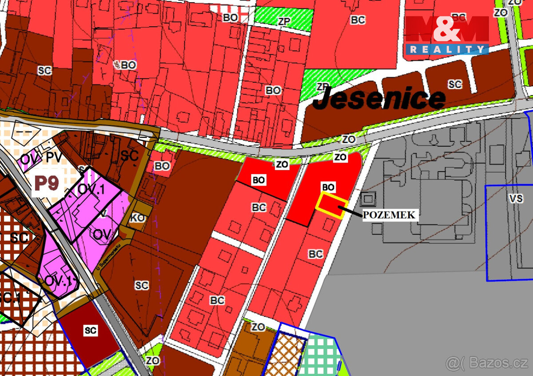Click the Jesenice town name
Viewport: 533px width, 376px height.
point(379,99)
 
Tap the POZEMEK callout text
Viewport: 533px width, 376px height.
point(390,215)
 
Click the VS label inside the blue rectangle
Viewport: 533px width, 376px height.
point(516,198)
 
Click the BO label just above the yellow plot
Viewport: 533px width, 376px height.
point(328,187)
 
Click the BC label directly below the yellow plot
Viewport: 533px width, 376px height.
point(316,254)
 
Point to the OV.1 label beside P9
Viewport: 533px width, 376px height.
point(91,189)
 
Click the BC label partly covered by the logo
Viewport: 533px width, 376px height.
point(459,17)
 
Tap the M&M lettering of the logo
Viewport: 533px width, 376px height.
point(447,30)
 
